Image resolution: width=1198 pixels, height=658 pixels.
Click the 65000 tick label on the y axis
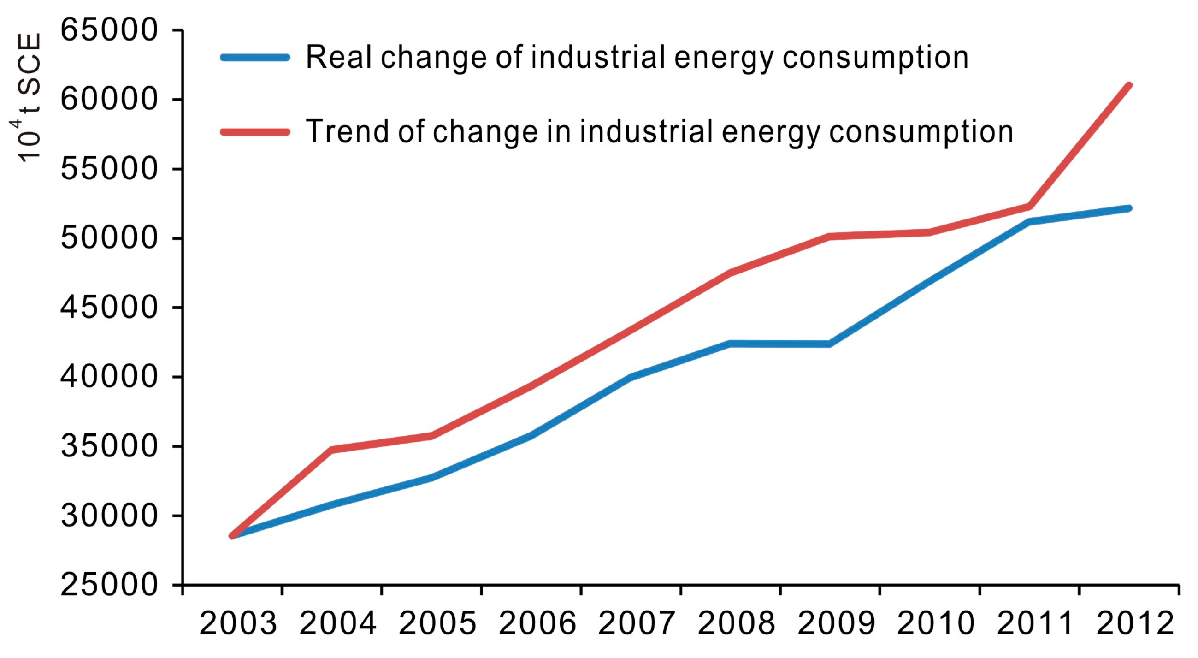click(x=109, y=30)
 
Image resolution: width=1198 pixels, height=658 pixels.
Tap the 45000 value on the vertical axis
click(x=109, y=307)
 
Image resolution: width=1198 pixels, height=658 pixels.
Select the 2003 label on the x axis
click(x=238, y=623)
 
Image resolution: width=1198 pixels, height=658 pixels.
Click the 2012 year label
click(x=1136, y=623)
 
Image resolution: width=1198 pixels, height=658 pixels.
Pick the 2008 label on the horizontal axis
click(x=737, y=623)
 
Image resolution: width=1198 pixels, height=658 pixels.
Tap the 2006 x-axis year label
click(x=537, y=623)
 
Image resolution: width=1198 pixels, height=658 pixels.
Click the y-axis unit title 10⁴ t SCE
click(x=27, y=98)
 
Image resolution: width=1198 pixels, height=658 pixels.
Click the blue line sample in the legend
click(x=255, y=58)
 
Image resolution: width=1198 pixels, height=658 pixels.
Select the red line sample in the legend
click(x=255, y=132)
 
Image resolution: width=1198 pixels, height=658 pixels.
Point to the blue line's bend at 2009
click(x=829, y=344)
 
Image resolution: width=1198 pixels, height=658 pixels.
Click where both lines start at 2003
click(x=232, y=536)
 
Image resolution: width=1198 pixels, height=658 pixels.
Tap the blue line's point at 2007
click(x=630, y=377)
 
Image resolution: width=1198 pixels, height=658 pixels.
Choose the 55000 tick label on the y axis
click(x=109, y=168)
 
